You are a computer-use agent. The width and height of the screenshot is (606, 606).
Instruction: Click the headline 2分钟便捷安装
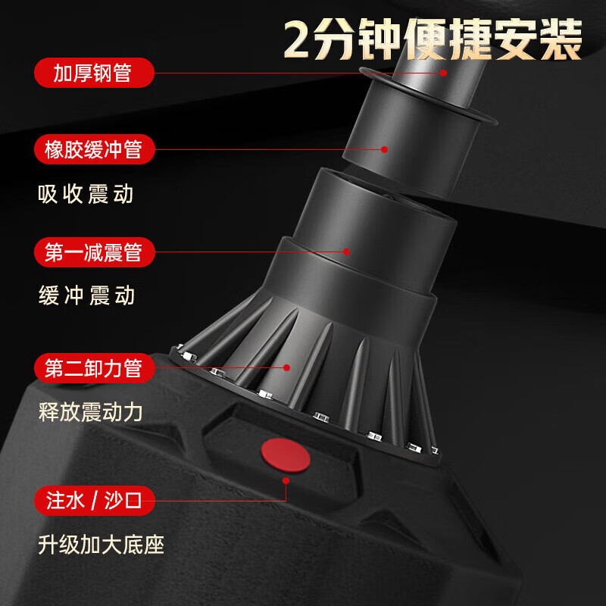[433, 40]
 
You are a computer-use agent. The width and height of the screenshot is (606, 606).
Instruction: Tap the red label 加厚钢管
[94, 73]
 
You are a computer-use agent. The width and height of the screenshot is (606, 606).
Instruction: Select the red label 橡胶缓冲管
[94, 149]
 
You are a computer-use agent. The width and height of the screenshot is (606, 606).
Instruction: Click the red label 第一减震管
[94, 252]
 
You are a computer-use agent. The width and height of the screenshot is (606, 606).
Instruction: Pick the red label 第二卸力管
[94, 368]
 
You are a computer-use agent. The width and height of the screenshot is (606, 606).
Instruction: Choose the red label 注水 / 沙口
[94, 501]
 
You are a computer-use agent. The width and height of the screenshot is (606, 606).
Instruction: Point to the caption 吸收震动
[86, 194]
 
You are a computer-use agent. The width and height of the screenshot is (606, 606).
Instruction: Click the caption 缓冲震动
[86, 295]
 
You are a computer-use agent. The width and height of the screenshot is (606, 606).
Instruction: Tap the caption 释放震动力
[90, 412]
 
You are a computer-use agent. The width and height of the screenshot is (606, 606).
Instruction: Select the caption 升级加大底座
[101, 545]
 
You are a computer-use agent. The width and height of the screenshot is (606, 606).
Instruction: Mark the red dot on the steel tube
[443, 73]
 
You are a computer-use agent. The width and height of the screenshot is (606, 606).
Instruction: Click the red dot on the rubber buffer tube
[384, 149]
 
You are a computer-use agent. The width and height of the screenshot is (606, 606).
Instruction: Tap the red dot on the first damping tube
[346, 251]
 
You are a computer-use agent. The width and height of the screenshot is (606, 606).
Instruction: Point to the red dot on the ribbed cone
[286, 367]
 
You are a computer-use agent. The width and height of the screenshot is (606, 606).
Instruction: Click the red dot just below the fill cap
[286, 480]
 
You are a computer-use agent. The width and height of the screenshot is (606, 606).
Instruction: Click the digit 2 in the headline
[298, 40]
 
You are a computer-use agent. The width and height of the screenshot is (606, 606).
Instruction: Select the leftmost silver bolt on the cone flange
[179, 347]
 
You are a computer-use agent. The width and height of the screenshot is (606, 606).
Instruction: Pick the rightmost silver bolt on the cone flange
[434, 450]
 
